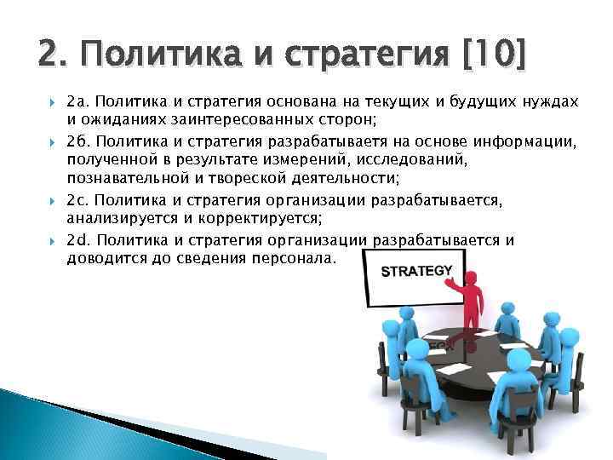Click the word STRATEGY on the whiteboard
416,272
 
